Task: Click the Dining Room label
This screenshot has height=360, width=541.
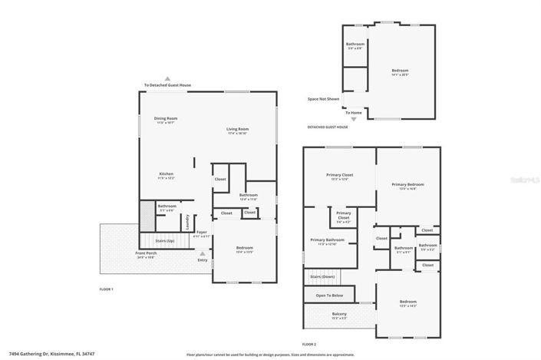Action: coord(167,119)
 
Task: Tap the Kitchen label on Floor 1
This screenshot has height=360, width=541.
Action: coord(167,175)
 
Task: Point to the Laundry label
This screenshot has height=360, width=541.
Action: coord(187,223)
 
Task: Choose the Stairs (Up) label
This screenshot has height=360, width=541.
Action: coord(166,240)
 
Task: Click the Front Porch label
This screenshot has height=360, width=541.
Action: coord(146,255)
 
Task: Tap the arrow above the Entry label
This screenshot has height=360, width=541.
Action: coord(203,253)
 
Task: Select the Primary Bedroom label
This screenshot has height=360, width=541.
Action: coord(407,185)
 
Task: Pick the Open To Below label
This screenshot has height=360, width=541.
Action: coord(329,295)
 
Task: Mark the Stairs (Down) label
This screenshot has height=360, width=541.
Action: coord(322,276)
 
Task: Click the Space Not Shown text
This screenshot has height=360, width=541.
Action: coord(324,99)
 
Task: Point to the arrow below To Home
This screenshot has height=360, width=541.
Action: coord(354,119)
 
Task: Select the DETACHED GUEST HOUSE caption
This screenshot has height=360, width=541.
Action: coord(328,127)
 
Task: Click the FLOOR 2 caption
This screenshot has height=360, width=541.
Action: coord(309,344)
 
